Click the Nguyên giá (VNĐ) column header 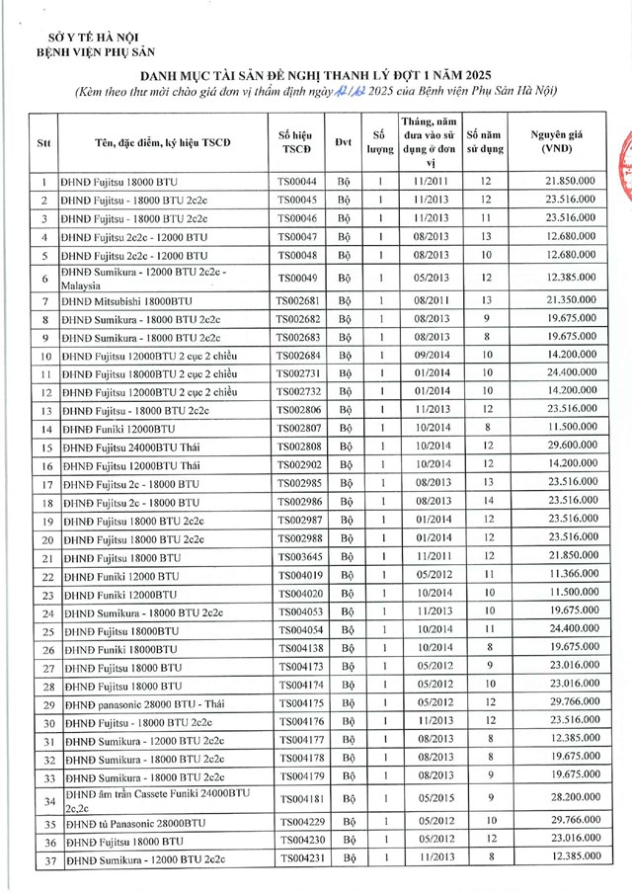(x=560, y=141)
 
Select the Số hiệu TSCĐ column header (x=295, y=141)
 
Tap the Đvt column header (x=343, y=141)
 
